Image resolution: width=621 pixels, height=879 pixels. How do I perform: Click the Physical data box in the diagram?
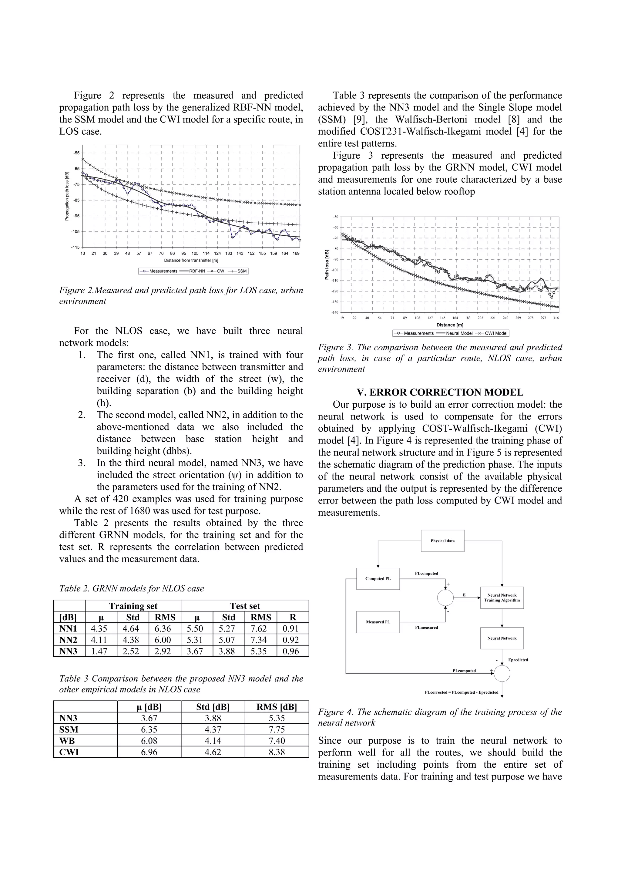click(x=442, y=541)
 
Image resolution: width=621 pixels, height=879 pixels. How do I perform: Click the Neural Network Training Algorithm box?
click(x=502, y=598)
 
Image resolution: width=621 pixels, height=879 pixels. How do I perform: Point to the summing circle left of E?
click(x=445, y=598)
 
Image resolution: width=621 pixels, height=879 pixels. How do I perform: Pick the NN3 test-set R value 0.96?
click(x=293, y=651)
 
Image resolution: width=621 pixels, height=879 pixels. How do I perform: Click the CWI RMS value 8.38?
click(x=277, y=752)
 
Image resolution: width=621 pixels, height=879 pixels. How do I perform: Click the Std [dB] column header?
click(x=213, y=707)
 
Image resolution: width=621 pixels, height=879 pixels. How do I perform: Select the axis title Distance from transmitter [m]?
click(x=191, y=260)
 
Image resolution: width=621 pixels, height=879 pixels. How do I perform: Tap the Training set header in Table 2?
click(x=133, y=606)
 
